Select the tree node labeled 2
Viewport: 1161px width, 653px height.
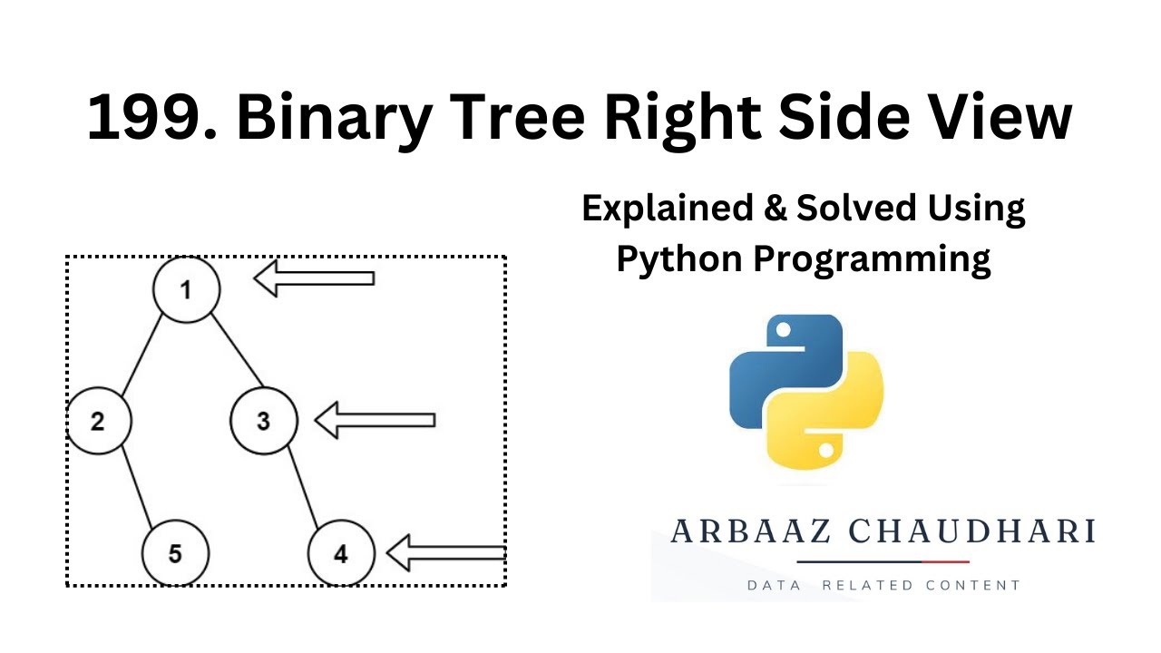click(98, 421)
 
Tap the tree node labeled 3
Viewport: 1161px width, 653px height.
click(263, 421)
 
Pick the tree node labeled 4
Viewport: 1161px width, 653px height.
click(341, 553)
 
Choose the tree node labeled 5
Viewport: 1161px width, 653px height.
click(175, 553)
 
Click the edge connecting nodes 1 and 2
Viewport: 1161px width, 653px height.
click(142, 354)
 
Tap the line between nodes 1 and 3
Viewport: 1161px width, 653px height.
click(237, 352)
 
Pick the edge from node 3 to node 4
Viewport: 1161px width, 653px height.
click(303, 487)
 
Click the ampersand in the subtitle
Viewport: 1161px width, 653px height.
click(774, 210)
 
